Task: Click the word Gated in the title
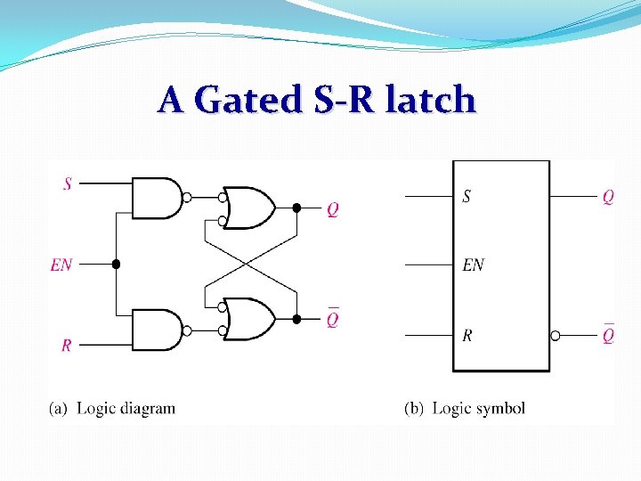point(248,100)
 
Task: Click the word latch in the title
point(431,100)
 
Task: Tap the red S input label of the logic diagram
point(68,184)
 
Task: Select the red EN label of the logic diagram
point(61,265)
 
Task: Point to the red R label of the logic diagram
point(67,346)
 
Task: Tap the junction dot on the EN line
point(116,265)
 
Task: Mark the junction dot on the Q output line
point(296,208)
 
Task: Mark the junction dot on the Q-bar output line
point(296,319)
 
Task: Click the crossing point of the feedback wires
point(250,265)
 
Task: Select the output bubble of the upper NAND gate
point(187,198)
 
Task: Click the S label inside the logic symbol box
point(467,197)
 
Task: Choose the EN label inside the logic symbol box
point(474,265)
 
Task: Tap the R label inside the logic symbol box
point(467,336)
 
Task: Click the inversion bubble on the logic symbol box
point(556,336)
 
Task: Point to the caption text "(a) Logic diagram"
point(112,409)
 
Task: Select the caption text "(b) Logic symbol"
point(465,409)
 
